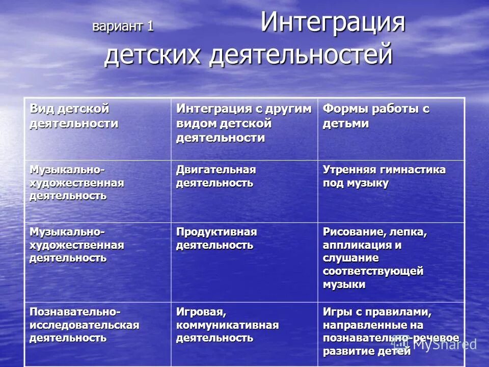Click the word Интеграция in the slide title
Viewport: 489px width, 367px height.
[333, 24]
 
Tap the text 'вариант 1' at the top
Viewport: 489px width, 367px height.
[123, 27]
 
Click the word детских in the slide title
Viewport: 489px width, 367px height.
[154, 55]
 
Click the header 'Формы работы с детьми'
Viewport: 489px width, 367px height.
[376, 116]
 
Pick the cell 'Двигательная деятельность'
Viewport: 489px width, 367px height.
[216, 176]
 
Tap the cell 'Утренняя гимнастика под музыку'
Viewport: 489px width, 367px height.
[384, 176]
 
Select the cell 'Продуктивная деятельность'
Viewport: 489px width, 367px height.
[216, 239]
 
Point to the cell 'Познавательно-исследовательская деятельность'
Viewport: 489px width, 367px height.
[84, 324]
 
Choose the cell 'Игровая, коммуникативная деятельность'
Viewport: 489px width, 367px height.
[228, 324]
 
